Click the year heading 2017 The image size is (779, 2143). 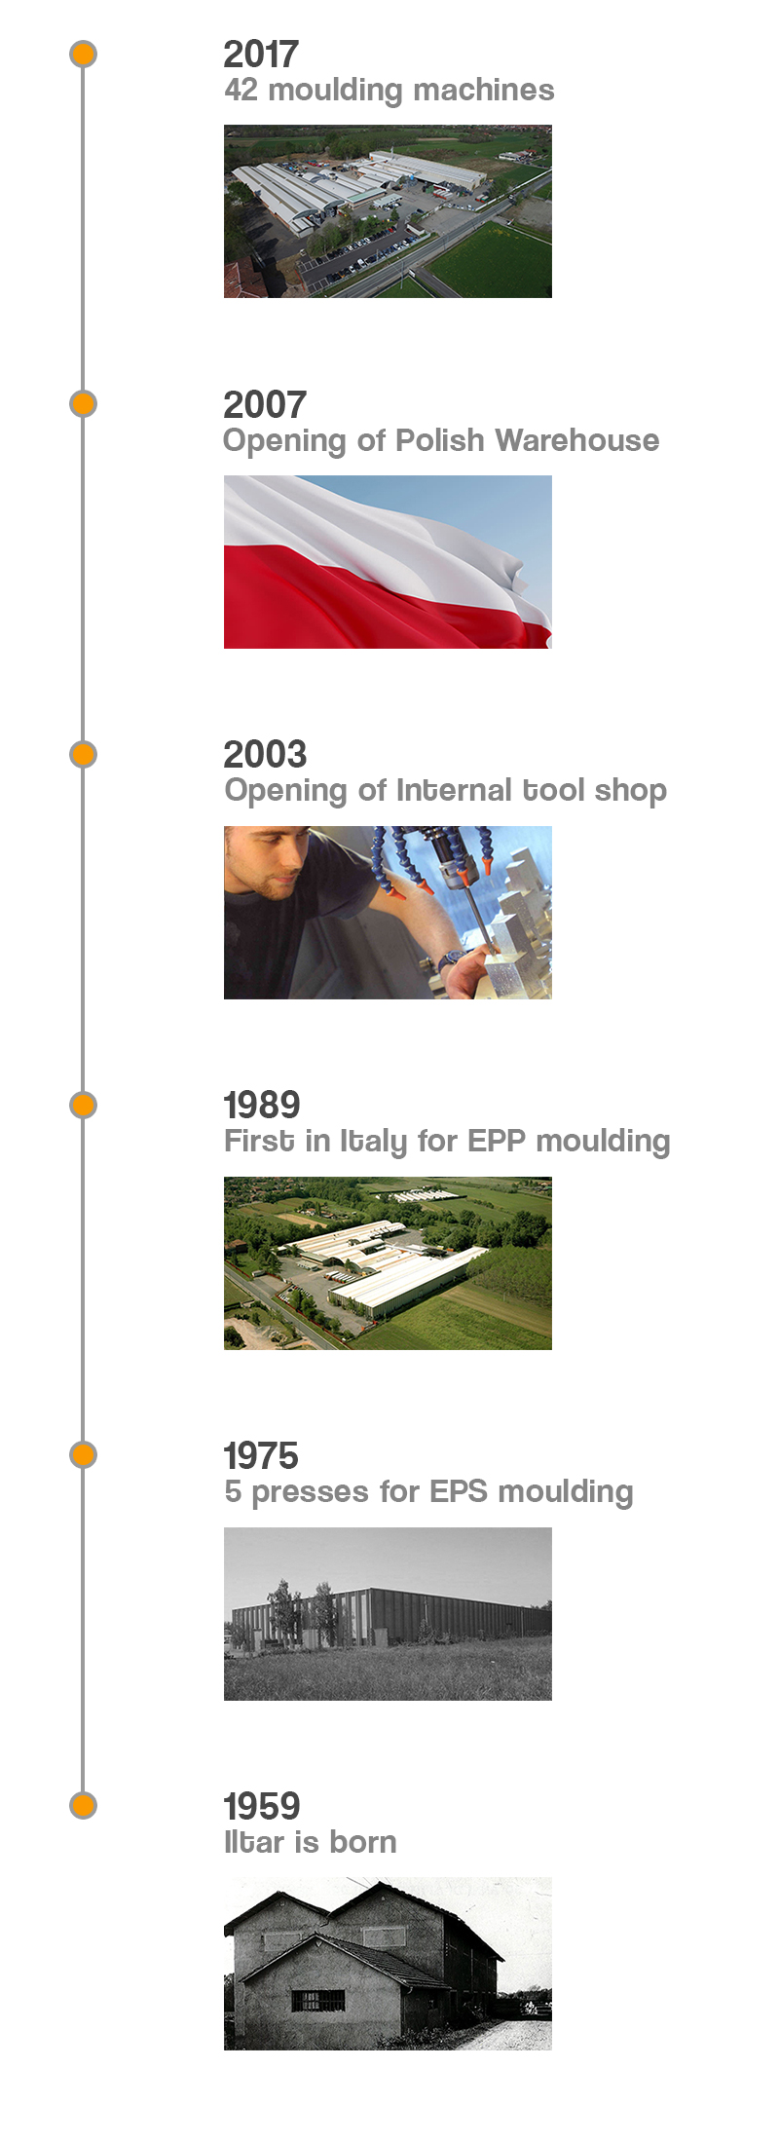pyautogui.click(x=261, y=55)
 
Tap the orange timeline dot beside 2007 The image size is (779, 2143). pyautogui.click(x=84, y=403)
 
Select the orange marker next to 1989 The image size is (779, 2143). pyautogui.click(x=84, y=1105)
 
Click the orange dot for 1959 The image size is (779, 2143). pyautogui.click(x=84, y=1805)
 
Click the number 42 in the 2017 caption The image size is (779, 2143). pyautogui.click(x=241, y=90)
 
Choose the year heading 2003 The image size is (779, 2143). pyautogui.click(x=265, y=755)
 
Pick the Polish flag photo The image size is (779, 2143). pyautogui.click(x=388, y=562)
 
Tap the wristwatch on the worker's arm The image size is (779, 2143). pyautogui.click(x=450, y=961)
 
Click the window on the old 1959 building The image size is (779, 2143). pyautogui.click(x=318, y=2000)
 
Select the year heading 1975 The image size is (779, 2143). pyautogui.click(x=261, y=1456)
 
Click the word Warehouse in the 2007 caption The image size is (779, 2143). pyautogui.click(x=576, y=440)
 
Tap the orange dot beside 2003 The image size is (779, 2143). pyautogui.click(x=84, y=754)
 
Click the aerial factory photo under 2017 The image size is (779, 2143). pyautogui.click(x=388, y=211)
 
